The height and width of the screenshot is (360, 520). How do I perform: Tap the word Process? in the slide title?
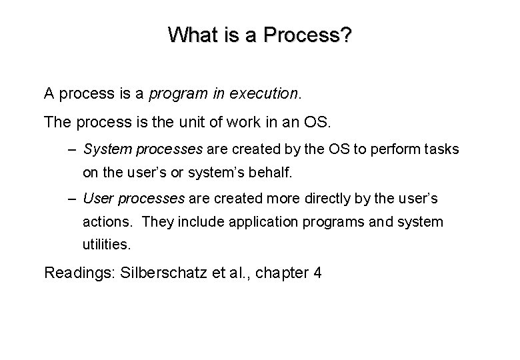point(309,34)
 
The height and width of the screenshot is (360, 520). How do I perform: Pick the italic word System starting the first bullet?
point(105,149)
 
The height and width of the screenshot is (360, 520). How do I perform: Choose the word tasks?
point(441,149)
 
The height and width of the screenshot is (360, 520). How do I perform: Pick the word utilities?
point(107,245)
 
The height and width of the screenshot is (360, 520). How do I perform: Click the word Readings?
point(75,273)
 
